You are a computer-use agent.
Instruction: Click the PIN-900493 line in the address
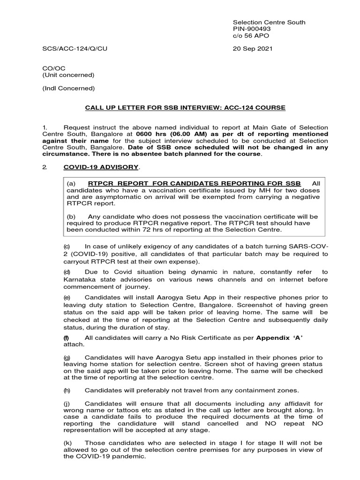253,29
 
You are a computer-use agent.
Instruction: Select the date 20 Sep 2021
253,48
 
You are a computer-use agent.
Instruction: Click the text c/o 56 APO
251,36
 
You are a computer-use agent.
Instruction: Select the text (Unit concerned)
68,75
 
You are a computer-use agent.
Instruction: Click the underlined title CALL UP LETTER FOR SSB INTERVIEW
185,108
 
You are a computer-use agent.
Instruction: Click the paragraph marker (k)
67,443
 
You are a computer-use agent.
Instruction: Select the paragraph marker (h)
67,390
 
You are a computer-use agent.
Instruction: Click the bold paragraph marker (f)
67,337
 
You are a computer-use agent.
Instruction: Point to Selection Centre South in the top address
269,22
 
